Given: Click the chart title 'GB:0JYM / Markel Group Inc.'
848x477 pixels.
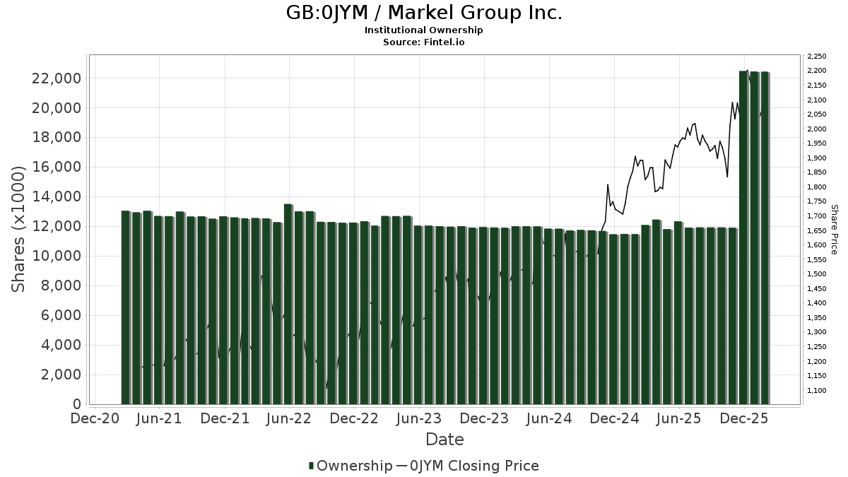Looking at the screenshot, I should pyautogui.click(x=424, y=13).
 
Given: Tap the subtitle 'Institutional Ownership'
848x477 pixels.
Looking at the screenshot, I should pyautogui.click(x=424, y=30).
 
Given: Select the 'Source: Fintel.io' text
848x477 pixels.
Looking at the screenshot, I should pyautogui.click(x=424, y=42).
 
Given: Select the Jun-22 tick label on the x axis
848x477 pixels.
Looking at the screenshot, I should pyautogui.click(x=289, y=419).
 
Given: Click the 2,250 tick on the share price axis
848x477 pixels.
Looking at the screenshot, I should pyautogui.click(x=817, y=57).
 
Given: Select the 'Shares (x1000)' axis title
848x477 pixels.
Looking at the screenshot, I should pyautogui.click(x=19, y=229).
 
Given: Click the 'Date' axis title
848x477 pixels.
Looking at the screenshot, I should pyautogui.click(x=444, y=440).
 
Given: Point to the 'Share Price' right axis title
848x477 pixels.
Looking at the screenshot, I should pyautogui.click(x=834, y=229).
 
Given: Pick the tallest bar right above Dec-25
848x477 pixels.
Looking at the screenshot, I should pyautogui.click(x=743, y=237).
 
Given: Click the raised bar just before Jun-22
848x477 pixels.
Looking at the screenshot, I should pyautogui.click(x=288, y=304).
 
